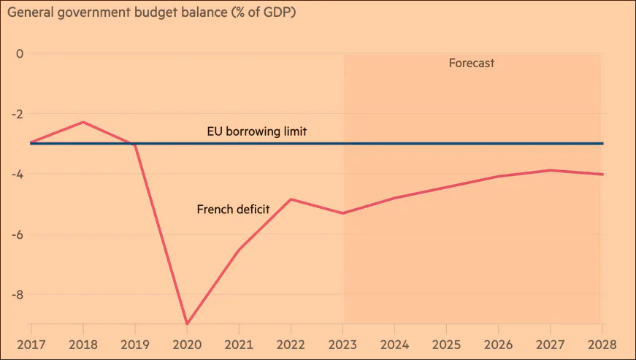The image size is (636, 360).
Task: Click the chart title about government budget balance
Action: (x=152, y=12)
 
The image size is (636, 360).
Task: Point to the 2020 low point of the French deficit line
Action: (x=187, y=324)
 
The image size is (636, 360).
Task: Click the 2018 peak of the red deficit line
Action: (x=83, y=122)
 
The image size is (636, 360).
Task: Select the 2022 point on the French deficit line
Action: (x=291, y=199)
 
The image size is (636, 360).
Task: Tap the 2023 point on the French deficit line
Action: (x=342, y=212)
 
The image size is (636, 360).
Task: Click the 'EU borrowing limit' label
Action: (x=257, y=131)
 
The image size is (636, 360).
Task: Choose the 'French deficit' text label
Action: (x=233, y=209)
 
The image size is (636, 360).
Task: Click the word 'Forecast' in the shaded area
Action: (x=471, y=64)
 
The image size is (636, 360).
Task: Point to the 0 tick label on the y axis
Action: (x=20, y=53)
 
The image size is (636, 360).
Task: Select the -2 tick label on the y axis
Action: (x=17, y=114)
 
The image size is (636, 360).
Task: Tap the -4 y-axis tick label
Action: (x=17, y=175)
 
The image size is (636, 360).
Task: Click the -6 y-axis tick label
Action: (x=17, y=234)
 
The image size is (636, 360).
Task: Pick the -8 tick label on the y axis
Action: (x=17, y=295)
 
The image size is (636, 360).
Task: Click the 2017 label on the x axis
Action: (x=31, y=345)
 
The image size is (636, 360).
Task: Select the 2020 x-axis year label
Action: (x=187, y=345)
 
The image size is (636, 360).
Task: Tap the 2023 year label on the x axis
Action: (x=342, y=345)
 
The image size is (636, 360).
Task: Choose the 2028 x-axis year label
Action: (x=602, y=345)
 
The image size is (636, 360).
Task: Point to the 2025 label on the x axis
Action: (x=447, y=345)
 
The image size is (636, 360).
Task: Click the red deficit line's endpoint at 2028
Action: (x=602, y=175)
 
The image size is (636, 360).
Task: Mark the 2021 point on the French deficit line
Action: (x=239, y=250)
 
